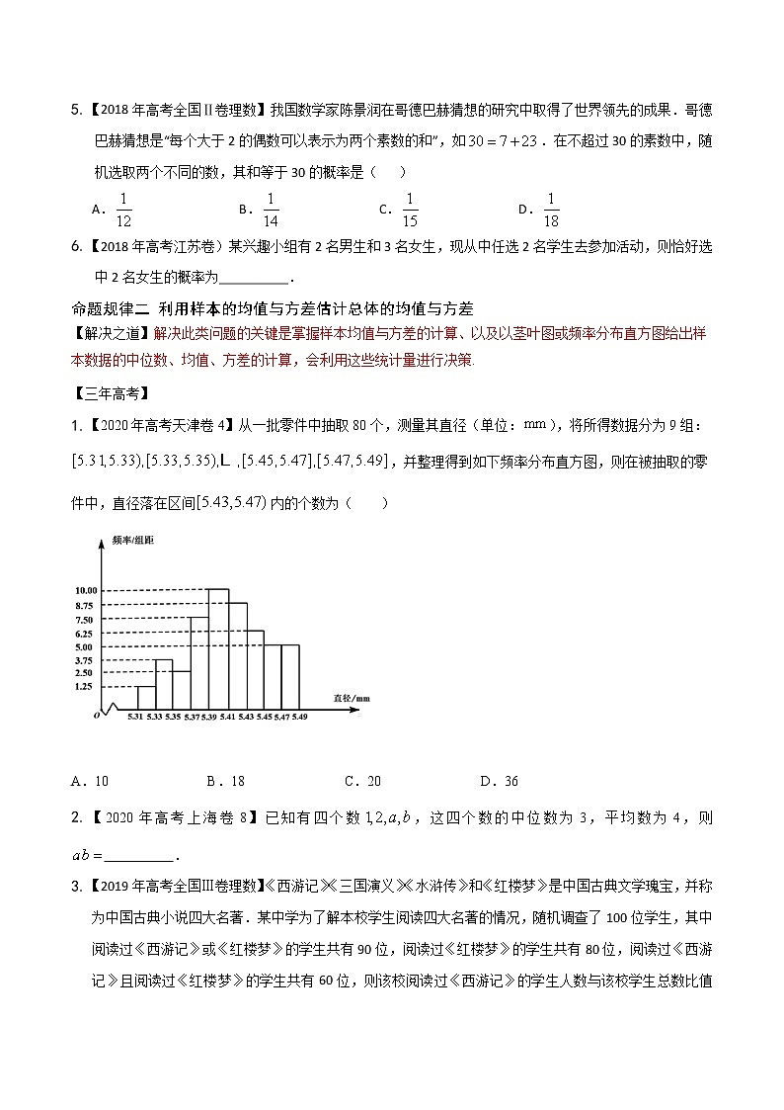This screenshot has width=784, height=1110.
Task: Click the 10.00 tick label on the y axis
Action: tap(84, 590)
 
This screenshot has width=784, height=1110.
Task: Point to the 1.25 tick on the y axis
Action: tap(84, 686)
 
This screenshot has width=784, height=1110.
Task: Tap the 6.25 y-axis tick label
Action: tap(84, 633)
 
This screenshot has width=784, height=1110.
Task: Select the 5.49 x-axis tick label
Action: tap(298, 717)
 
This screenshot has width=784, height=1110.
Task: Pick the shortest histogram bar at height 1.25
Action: tap(145, 698)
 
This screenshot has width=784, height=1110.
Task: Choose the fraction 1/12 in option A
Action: tap(123, 209)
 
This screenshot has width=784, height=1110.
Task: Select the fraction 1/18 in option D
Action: tap(551, 209)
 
